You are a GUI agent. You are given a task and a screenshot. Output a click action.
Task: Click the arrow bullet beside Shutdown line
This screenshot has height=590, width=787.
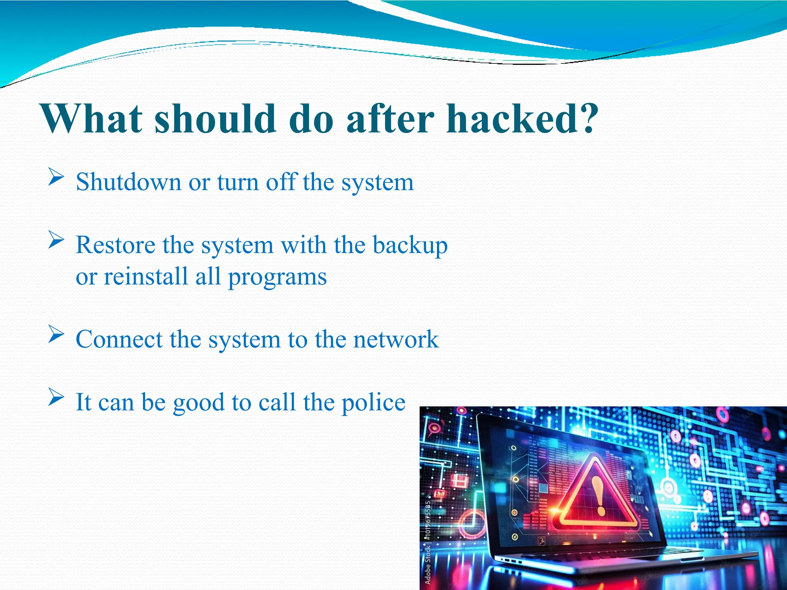[x=56, y=178]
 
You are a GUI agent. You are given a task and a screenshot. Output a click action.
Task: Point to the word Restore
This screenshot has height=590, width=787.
[x=115, y=245]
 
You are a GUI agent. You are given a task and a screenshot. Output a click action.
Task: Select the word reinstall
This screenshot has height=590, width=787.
[x=146, y=276]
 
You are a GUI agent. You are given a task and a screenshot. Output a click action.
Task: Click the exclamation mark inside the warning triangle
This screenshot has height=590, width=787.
[x=598, y=496]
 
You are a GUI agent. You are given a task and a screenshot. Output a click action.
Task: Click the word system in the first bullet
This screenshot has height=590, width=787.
[x=378, y=182]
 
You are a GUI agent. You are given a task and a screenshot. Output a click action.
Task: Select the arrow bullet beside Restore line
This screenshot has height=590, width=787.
[x=56, y=241]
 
